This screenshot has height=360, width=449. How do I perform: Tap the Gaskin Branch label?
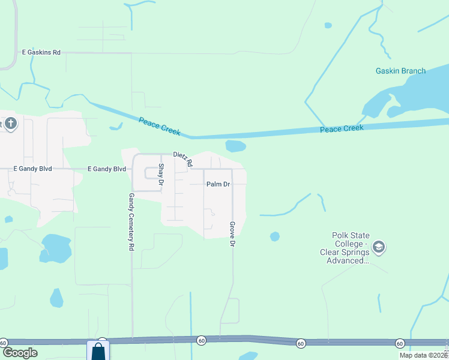pyautogui.click(x=400, y=71)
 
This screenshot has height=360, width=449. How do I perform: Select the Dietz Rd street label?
pyautogui.click(x=182, y=158)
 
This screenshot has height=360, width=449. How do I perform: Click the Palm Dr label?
pyautogui.click(x=218, y=184)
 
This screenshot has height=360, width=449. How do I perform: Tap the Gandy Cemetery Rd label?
pyautogui.click(x=131, y=221)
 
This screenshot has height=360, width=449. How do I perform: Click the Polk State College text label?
pyautogui.click(x=351, y=248)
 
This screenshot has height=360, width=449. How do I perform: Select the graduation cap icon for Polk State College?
pyautogui.click(x=379, y=247)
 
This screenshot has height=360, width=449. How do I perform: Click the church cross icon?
pyautogui.click(x=11, y=125)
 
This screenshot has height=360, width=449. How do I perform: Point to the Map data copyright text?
pyautogui.click(x=423, y=355)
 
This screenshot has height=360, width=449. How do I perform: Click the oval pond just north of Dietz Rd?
pyautogui.click(x=235, y=146)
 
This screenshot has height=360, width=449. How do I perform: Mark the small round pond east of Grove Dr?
pyautogui.click(x=275, y=236)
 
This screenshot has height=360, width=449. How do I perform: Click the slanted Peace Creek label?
pyautogui.click(x=159, y=126)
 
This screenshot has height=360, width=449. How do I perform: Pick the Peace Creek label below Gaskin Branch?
pyautogui.click(x=342, y=129)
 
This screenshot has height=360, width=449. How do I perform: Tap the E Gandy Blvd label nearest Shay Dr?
pyautogui.click(x=107, y=169)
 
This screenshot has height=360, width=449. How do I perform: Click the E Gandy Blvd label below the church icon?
pyautogui.click(x=33, y=169)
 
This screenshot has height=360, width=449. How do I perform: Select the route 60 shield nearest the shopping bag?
pyautogui.click(x=103, y=340)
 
